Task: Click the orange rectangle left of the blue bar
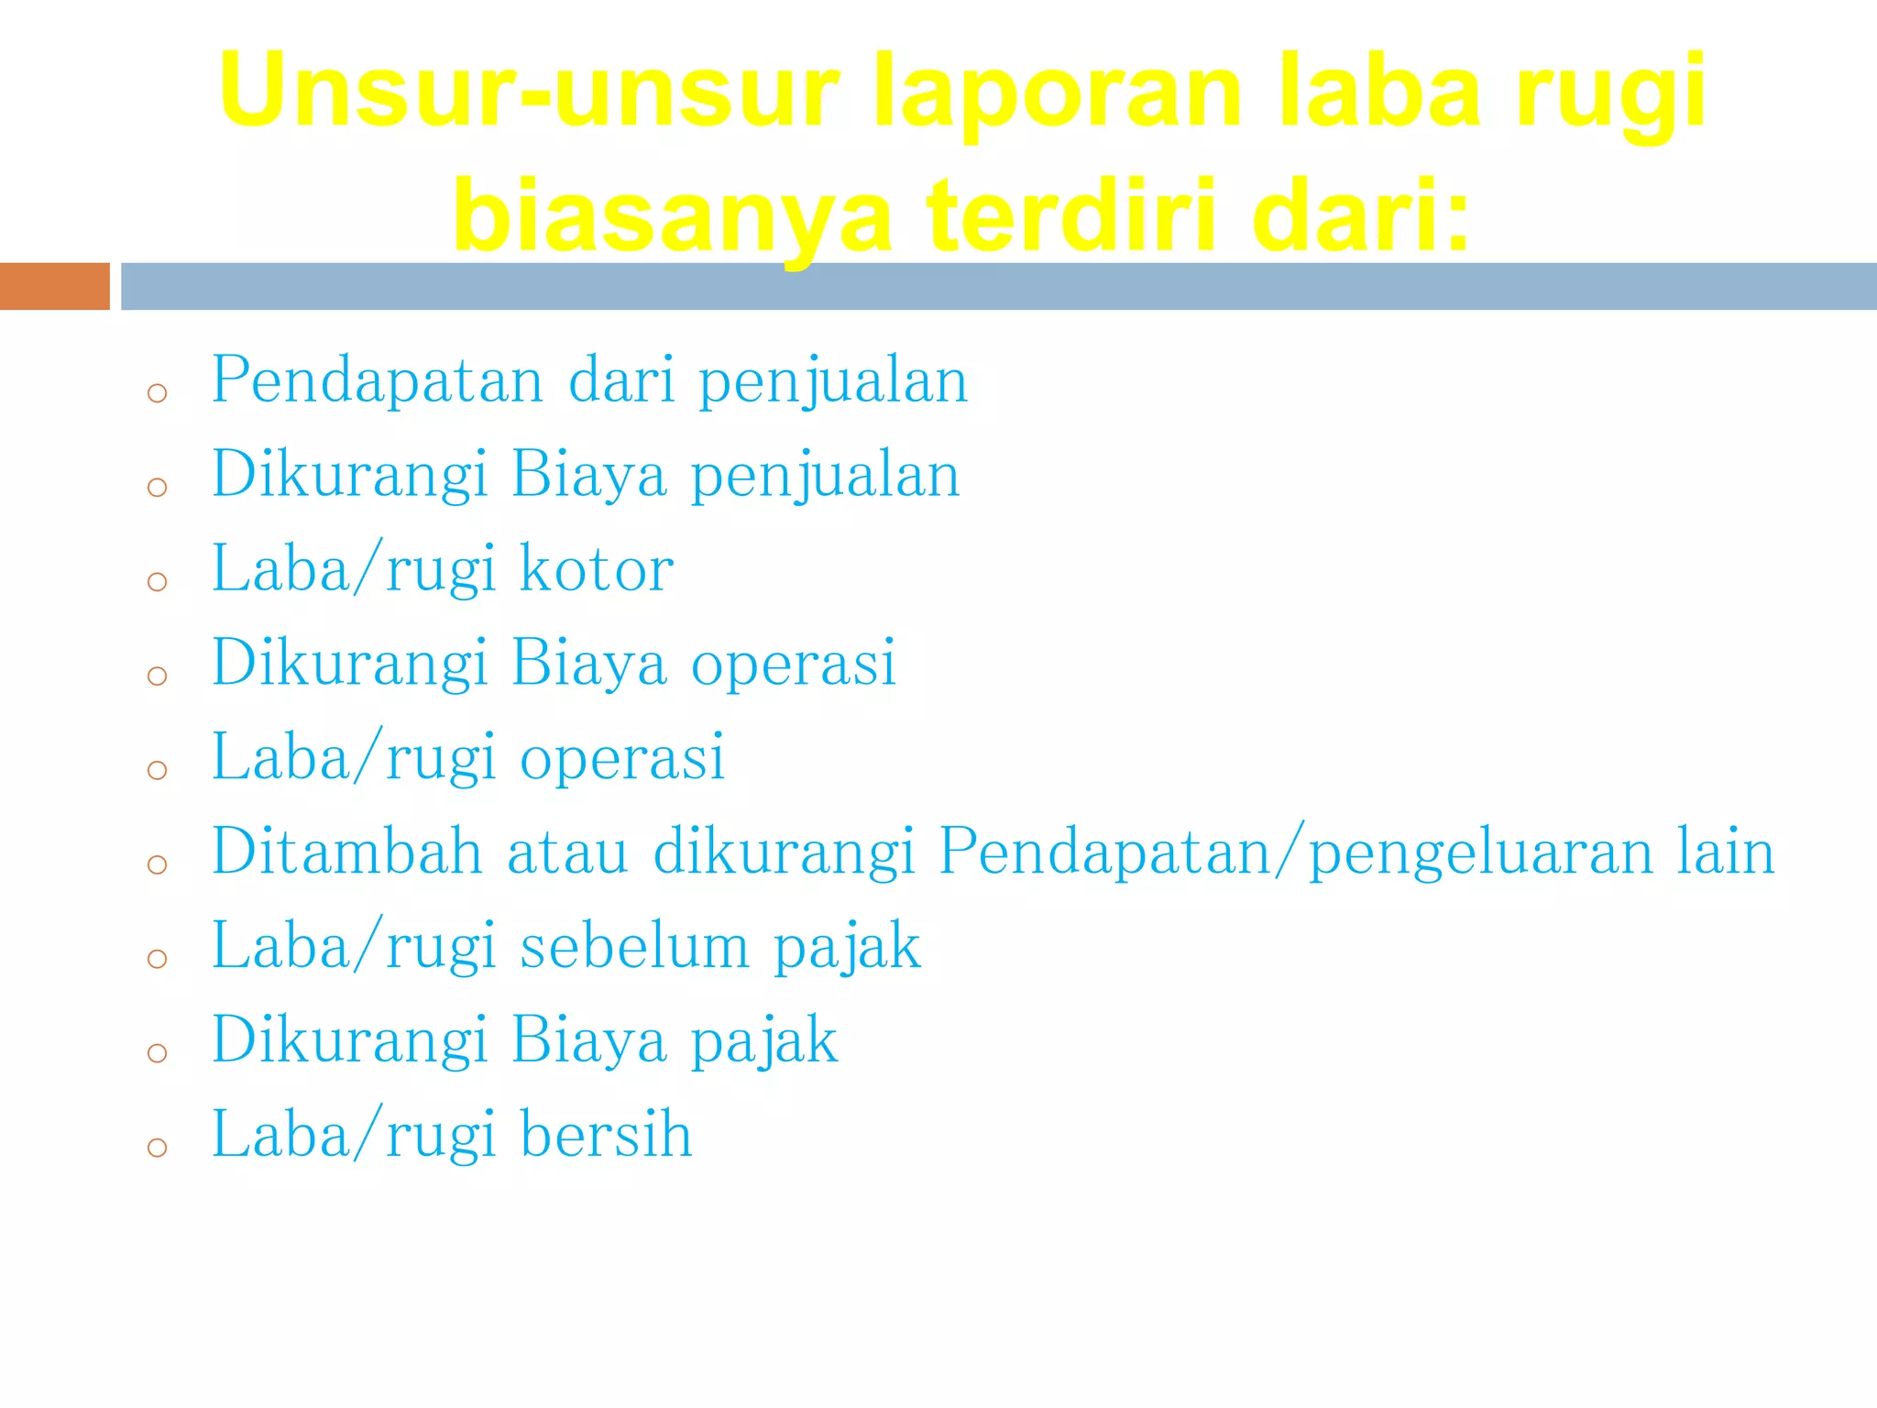(54, 286)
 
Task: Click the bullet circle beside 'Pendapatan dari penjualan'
(157, 393)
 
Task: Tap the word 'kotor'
(597, 569)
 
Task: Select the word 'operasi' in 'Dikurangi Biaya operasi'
(793, 663)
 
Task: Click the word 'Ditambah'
(346, 851)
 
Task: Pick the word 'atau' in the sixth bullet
(567, 852)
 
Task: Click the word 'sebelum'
(634, 946)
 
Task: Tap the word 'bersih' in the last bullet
(606, 1135)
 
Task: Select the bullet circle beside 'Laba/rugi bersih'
(157, 1147)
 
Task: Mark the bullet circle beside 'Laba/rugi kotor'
(157, 581)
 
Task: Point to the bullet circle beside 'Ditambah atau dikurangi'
(157, 863)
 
